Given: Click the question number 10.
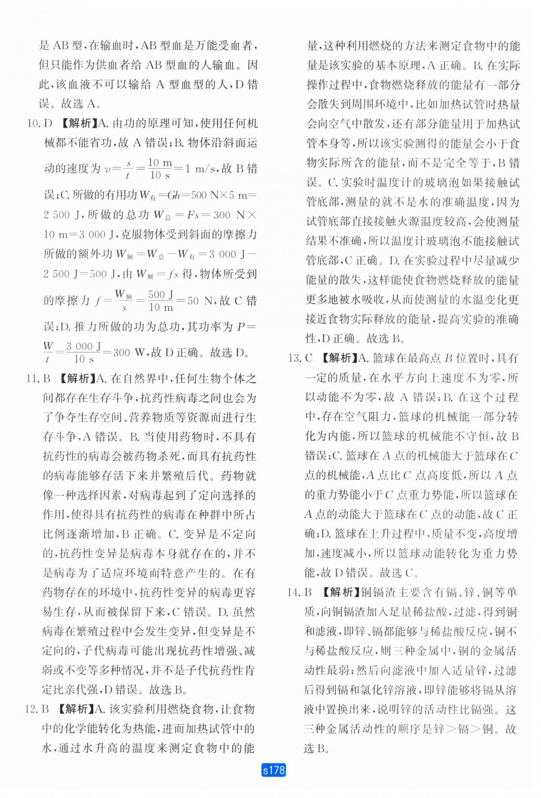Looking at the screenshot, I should tap(34, 123).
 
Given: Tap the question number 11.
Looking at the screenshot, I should tap(32, 379).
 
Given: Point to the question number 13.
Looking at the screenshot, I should tap(294, 359).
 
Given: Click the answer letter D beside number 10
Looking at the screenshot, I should tap(48, 123).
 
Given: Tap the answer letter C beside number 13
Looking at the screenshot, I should tap(309, 359).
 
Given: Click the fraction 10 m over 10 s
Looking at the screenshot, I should tap(160, 169).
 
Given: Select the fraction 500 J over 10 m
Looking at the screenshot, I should tap(161, 301).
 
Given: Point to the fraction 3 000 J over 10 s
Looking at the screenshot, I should tap(84, 353).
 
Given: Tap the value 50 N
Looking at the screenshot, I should tap(200, 301).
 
